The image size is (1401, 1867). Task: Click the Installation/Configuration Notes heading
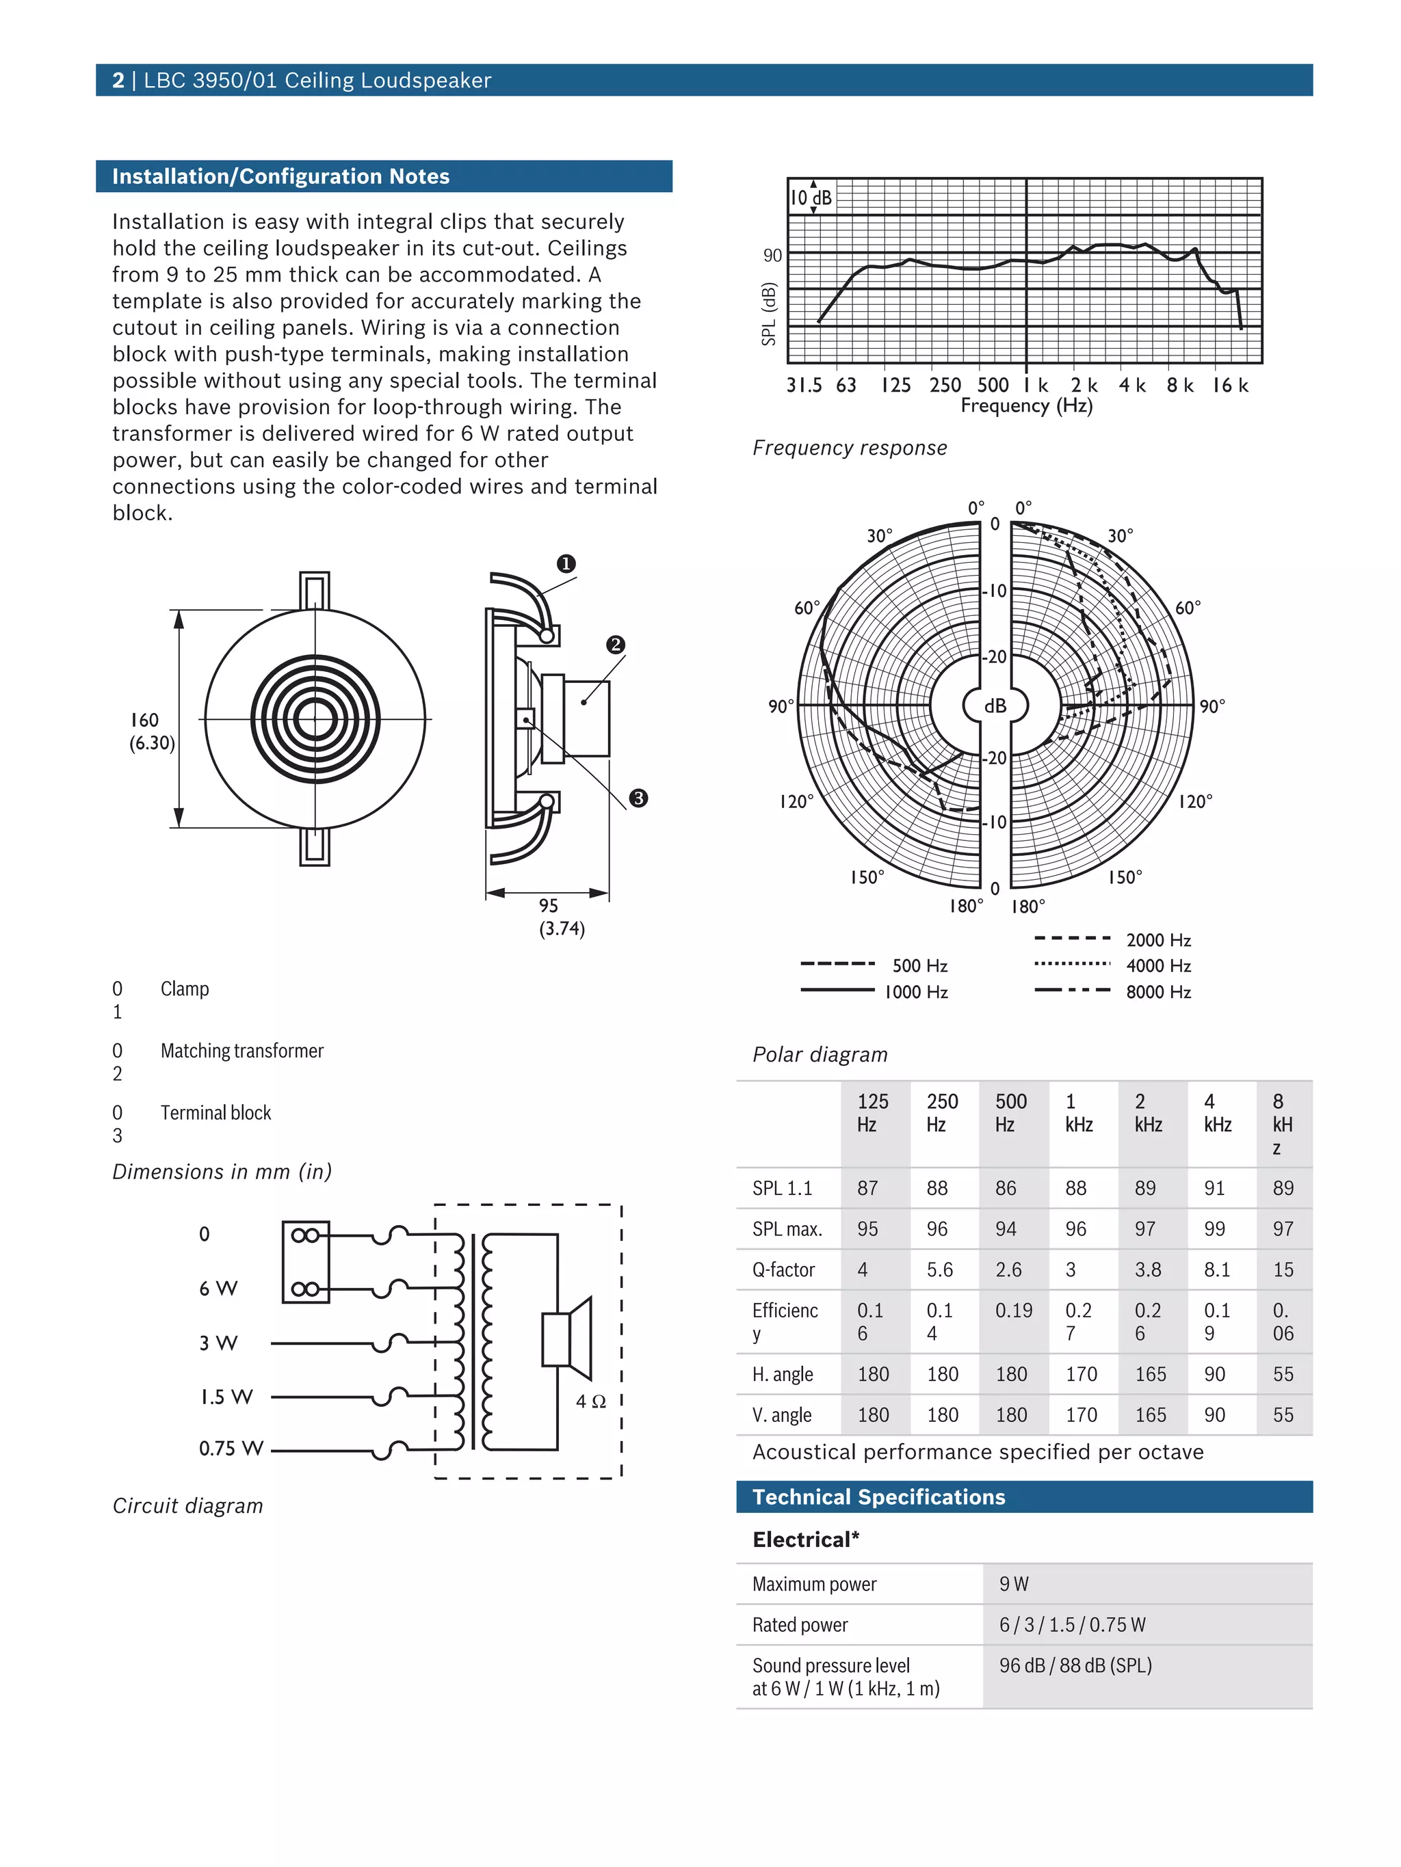click(280, 176)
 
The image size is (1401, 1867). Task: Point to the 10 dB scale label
click(811, 198)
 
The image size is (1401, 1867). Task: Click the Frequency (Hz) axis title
click(1026, 406)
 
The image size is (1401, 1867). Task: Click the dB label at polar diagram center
click(995, 706)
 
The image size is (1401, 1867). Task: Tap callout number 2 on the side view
click(616, 645)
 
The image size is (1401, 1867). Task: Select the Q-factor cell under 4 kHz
click(1216, 1270)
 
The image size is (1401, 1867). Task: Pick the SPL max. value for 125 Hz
click(867, 1229)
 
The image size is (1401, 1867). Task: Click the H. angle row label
click(782, 1374)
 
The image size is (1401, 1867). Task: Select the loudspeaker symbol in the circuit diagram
click(566, 1339)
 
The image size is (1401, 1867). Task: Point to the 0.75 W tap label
click(230, 1449)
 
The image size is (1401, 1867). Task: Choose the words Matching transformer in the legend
click(241, 1051)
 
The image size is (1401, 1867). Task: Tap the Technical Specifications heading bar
click(1023, 1496)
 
